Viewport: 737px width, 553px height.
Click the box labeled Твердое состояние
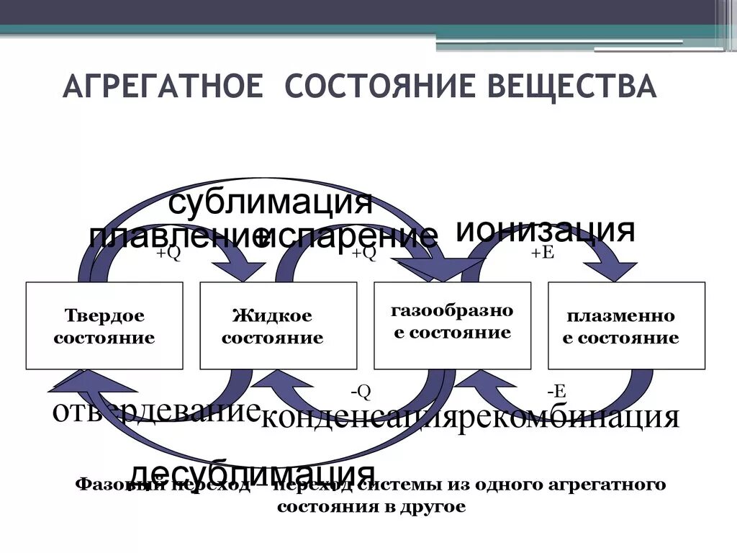click(x=104, y=326)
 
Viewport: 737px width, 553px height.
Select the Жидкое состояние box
click(x=278, y=326)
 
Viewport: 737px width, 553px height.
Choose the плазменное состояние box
click(x=626, y=326)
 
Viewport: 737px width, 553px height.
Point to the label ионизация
click(x=545, y=230)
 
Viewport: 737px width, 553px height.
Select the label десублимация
click(x=253, y=472)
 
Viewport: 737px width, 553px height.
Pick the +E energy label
click(x=542, y=253)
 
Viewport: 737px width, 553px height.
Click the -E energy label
click(x=556, y=391)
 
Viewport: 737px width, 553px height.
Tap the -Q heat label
click(x=361, y=391)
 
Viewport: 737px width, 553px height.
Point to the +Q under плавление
click(x=168, y=253)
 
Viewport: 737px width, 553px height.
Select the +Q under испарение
click(x=363, y=253)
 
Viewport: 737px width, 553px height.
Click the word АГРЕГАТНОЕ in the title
click(x=162, y=86)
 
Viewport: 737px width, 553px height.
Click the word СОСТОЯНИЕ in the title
click(x=371, y=86)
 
